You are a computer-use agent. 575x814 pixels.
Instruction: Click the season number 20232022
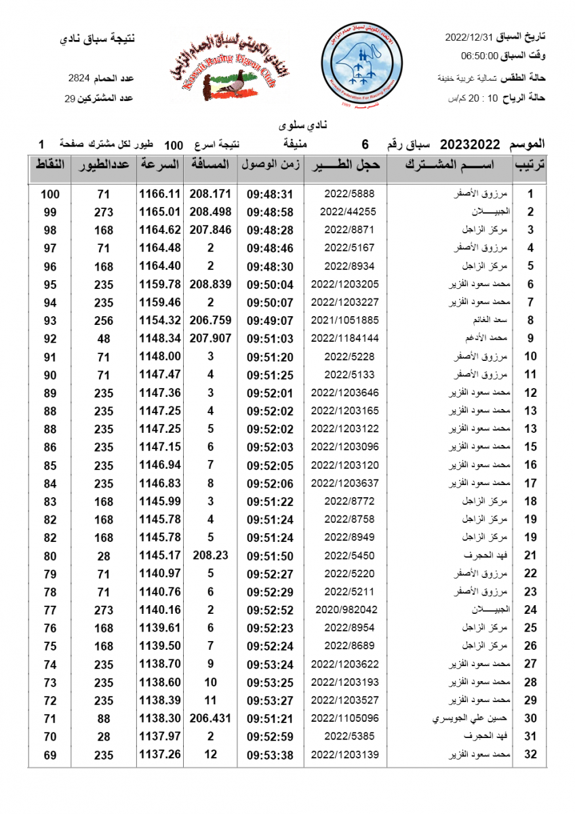click(x=470, y=144)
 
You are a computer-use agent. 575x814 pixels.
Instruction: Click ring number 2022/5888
click(x=349, y=193)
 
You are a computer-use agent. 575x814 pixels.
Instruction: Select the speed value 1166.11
click(x=160, y=193)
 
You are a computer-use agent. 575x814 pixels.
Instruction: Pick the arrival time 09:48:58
click(x=269, y=212)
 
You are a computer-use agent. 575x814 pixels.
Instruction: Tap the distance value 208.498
click(x=210, y=212)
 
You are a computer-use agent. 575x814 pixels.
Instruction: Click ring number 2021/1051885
click(x=344, y=319)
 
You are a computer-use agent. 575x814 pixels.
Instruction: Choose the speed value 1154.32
click(x=160, y=319)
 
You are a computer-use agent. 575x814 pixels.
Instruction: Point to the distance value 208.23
click(x=210, y=556)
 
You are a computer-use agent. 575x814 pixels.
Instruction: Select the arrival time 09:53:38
click(x=269, y=754)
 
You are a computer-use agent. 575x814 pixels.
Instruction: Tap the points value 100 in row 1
click(x=50, y=194)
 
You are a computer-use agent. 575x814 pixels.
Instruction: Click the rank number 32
click(x=531, y=754)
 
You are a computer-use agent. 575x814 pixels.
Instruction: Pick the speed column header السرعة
click(x=160, y=165)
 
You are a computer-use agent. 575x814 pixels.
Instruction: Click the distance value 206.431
click(x=210, y=718)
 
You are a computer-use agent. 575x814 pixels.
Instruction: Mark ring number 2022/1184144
click(x=344, y=338)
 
